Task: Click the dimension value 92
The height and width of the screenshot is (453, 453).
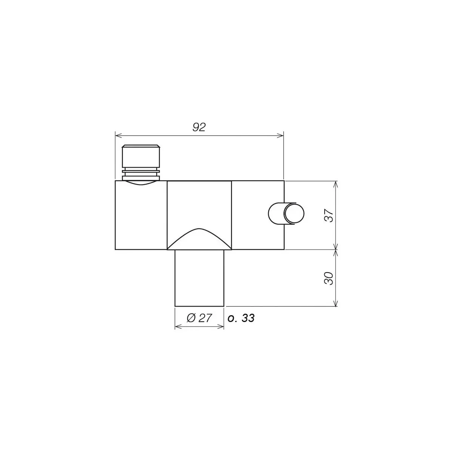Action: tap(199, 127)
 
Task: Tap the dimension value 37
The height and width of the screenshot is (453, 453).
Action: tap(329, 215)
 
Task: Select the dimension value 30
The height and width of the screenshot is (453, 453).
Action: tap(329, 279)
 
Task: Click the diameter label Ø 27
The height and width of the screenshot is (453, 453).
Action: tap(199, 318)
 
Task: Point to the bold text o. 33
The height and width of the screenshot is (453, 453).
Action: tap(241, 318)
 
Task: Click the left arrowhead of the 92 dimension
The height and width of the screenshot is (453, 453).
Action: tap(118, 136)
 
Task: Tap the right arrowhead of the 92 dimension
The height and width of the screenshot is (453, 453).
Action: tap(281, 136)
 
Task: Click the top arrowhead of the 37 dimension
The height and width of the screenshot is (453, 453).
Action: tap(336, 184)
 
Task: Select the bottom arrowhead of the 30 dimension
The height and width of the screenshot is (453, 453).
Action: tap(336, 303)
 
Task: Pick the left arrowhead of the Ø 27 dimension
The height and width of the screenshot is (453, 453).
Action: tap(178, 327)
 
